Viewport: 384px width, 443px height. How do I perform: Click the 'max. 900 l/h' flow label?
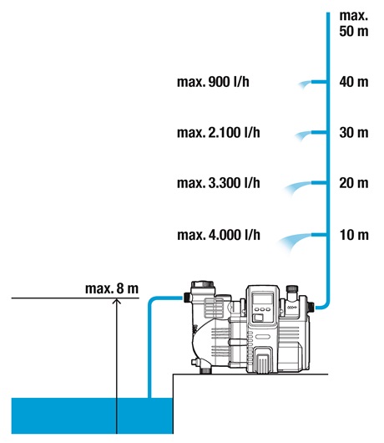(213, 82)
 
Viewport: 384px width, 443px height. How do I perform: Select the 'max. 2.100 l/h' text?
(219, 133)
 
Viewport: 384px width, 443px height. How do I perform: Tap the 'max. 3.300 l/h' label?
(219, 183)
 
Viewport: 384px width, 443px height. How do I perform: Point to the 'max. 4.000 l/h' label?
(219, 235)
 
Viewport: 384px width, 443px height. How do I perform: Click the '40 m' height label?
(354, 82)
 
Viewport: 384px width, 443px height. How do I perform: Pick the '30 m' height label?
(354, 133)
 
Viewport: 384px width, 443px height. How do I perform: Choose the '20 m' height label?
(354, 183)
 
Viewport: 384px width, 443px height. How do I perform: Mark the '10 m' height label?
(354, 235)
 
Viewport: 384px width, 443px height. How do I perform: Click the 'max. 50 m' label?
(354, 23)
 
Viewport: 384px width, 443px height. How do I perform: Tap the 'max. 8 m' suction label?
(112, 288)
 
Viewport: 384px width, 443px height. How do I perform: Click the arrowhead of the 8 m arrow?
(117, 301)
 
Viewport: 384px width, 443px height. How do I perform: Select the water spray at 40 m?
(305, 84)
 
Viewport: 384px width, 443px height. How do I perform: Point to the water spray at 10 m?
(295, 242)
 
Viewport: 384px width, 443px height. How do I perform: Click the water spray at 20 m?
(298, 187)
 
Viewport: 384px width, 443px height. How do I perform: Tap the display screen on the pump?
(262, 298)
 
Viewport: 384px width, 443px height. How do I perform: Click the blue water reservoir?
(92, 415)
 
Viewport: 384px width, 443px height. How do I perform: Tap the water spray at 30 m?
(303, 135)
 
